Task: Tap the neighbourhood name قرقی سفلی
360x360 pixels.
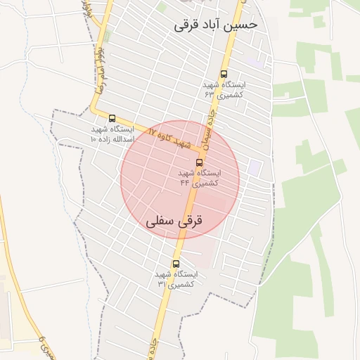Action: [174, 221]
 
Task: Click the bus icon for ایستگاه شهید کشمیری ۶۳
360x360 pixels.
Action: [224, 73]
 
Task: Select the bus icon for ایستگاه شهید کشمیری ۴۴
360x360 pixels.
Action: [199, 162]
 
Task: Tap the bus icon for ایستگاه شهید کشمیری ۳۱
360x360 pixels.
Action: [176, 264]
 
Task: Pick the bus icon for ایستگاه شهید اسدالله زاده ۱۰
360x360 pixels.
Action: [112, 117]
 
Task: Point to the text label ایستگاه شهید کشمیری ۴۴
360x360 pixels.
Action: [200, 177]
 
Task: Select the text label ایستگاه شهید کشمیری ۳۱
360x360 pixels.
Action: [176, 278]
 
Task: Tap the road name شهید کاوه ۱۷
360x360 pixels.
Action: [169, 136]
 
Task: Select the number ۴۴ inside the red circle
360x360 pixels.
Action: [185, 183]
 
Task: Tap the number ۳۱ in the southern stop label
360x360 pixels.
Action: [162, 284]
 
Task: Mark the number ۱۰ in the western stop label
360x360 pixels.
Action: [94, 139]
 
